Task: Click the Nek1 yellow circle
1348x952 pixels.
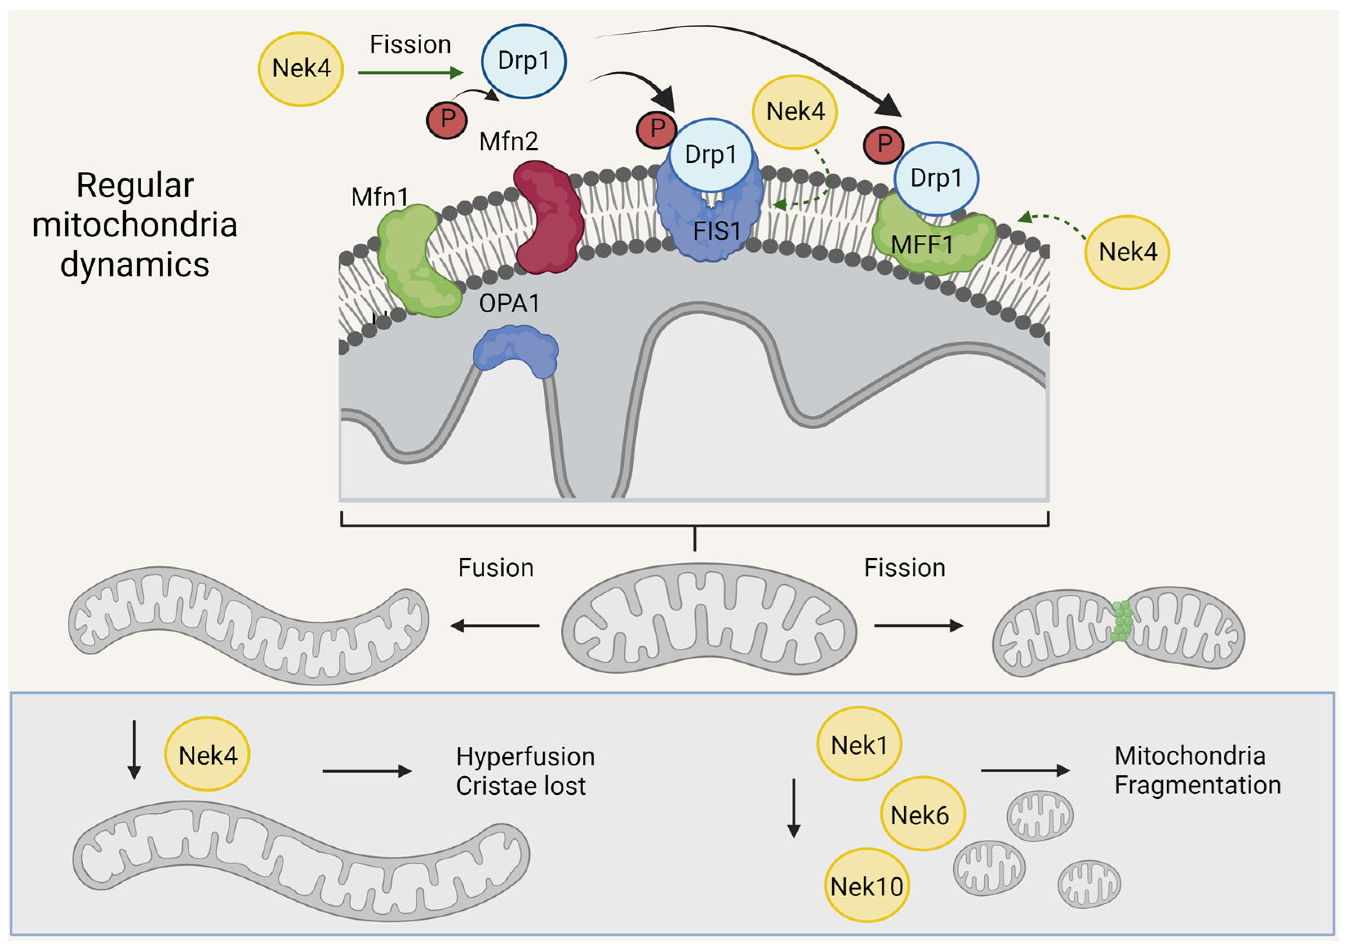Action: point(859,745)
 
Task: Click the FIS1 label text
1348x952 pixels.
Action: point(717,231)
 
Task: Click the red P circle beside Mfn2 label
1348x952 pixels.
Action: point(447,120)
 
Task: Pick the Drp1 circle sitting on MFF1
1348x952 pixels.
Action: point(936,178)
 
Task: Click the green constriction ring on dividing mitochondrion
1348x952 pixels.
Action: point(1122,621)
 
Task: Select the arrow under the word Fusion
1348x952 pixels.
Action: point(495,626)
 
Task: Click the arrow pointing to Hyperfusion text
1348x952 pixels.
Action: point(367,771)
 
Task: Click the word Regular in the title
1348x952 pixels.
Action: point(135,186)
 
